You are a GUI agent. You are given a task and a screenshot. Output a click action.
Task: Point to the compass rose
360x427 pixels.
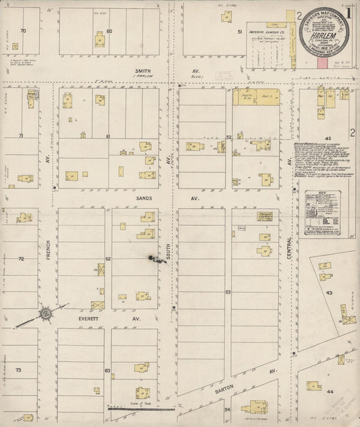[45, 313]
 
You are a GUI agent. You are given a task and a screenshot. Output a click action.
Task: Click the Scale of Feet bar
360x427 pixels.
[141, 408]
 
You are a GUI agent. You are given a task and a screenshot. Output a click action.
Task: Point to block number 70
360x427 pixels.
[24, 31]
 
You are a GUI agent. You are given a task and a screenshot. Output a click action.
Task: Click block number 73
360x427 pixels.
[19, 370]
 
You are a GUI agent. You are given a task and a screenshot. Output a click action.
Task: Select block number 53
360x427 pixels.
[228, 292]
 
